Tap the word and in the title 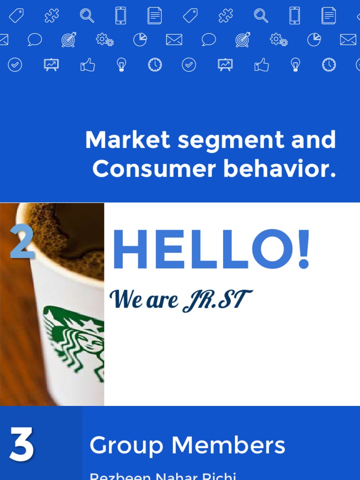(313, 140)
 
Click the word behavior (280, 169)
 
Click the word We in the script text (126, 300)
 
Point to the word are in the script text (163, 301)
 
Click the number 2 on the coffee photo (22, 242)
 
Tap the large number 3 (22, 445)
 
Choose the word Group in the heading (127, 445)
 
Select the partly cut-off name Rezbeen (115, 476)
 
